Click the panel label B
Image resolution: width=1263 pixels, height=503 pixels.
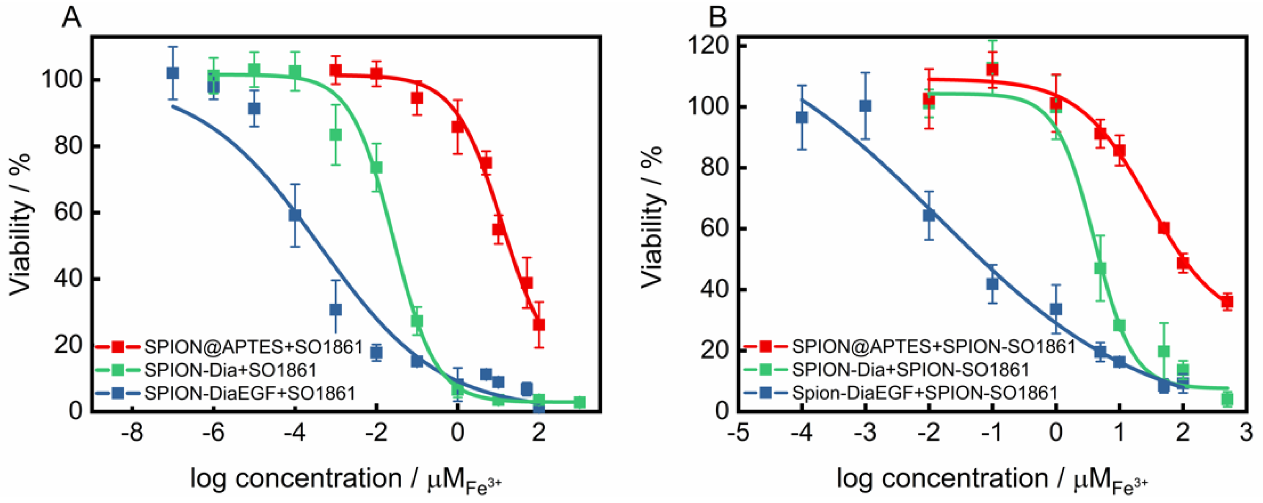[718, 19]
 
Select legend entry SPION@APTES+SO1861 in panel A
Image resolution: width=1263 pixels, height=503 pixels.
[253, 347]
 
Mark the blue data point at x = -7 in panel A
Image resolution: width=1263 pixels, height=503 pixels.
[173, 73]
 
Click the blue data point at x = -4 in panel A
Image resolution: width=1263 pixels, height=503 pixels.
[295, 215]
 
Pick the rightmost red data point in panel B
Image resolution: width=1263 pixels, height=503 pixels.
[1227, 302]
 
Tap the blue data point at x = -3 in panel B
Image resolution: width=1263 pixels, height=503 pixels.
[866, 106]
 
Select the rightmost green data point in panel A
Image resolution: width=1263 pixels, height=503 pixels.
[579, 402]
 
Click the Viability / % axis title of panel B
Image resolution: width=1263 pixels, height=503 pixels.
[652, 217]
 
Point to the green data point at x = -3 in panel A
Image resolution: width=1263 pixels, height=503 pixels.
[336, 134]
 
